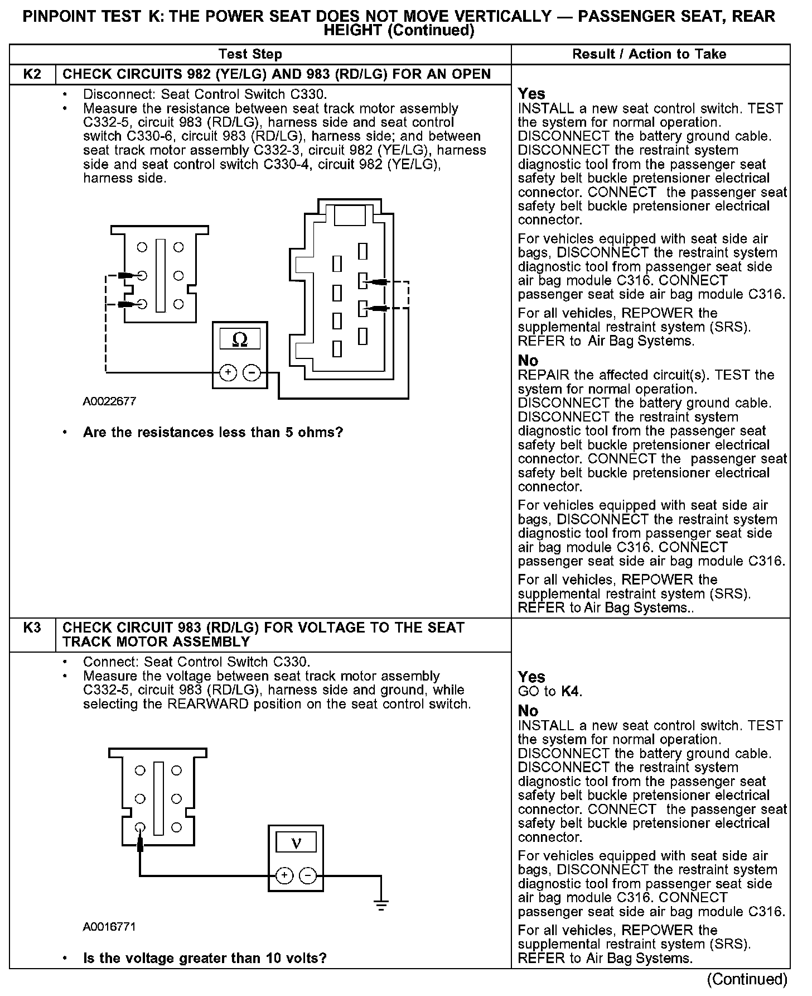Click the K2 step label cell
click(x=32, y=74)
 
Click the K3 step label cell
click(x=32, y=628)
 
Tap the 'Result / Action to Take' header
click(x=649, y=54)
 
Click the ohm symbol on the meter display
click(x=240, y=339)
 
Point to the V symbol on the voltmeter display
click(x=296, y=842)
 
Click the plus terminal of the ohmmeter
click(x=228, y=372)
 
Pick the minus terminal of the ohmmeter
click(x=253, y=372)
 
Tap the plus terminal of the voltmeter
click(x=284, y=875)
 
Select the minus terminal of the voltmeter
click(x=308, y=875)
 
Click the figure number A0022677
click(x=109, y=401)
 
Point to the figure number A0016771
click(x=109, y=927)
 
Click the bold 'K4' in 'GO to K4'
click(x=571, y=692)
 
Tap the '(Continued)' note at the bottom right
click(x=747, y=979)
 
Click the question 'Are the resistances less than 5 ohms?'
click(x=212, y=432)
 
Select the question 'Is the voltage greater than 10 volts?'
click(x=205, y=959)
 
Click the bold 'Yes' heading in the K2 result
click(x=531, y=94)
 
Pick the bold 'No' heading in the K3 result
click(x=528, y=711)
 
